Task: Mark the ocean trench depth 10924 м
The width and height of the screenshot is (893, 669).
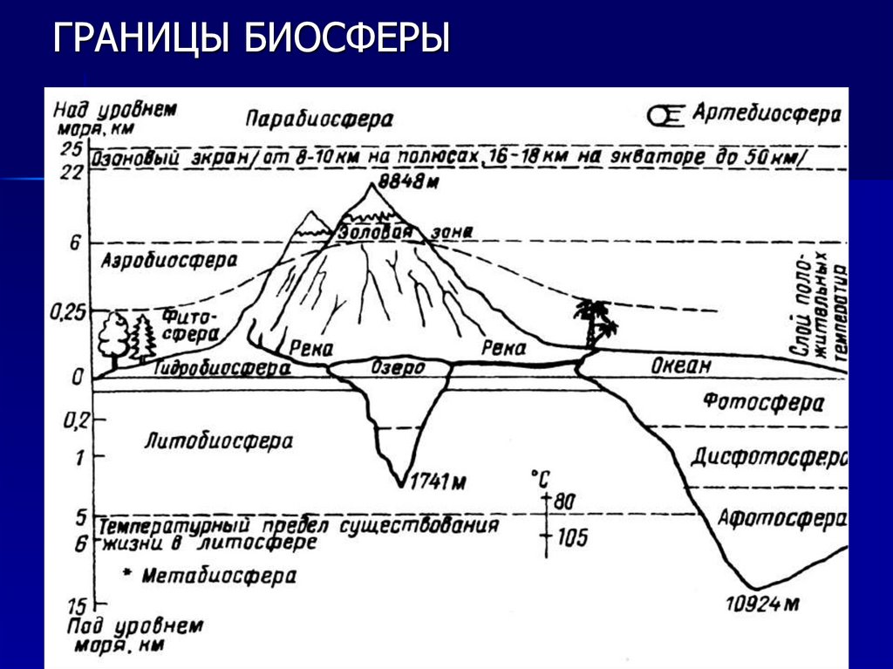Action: coord(761,603)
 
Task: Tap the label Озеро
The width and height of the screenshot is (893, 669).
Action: coord(398,367)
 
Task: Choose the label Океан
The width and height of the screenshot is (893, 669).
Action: coord(681,365)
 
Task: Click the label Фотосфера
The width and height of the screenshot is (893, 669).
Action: coord(763,403)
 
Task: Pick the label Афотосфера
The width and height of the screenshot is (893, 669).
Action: coord(781,518)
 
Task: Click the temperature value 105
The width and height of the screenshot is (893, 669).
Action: coord(571,537)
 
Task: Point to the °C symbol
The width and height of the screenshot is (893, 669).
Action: coord(540,478)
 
